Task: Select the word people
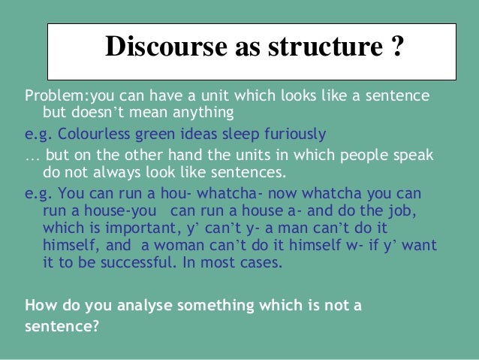point(374,156)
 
